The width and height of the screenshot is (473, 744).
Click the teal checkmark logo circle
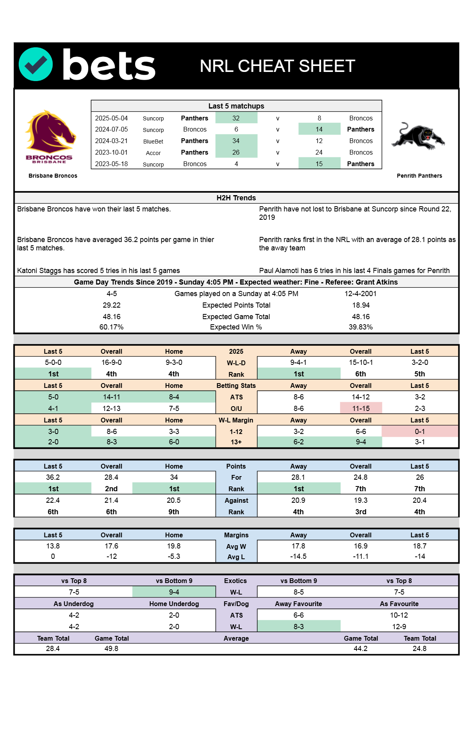point(36,64)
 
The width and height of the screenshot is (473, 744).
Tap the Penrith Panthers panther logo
point(418,136)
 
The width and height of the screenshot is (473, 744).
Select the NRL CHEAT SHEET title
point(277,66)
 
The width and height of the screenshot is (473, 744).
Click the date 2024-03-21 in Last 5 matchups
point(111,141)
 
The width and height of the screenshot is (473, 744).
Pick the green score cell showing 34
point(236,141)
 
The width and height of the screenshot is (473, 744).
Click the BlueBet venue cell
point(153,141)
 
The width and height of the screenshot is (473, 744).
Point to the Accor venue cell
point(153,153)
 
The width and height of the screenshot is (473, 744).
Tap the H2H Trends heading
point(236,198)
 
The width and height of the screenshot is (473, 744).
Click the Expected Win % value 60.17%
point(111,327)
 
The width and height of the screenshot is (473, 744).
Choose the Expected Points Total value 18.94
point(361,305)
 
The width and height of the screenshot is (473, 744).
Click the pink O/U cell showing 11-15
point(361,409)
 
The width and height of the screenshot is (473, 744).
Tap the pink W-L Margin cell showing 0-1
point(420,432)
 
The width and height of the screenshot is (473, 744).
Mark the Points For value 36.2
point(53,477)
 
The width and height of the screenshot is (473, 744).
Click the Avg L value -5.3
point(174,556)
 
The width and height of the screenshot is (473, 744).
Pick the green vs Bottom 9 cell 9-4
point(174,592)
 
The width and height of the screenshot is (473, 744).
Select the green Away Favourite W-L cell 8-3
point(299,627)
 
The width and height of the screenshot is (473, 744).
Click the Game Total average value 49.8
point(111,649)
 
